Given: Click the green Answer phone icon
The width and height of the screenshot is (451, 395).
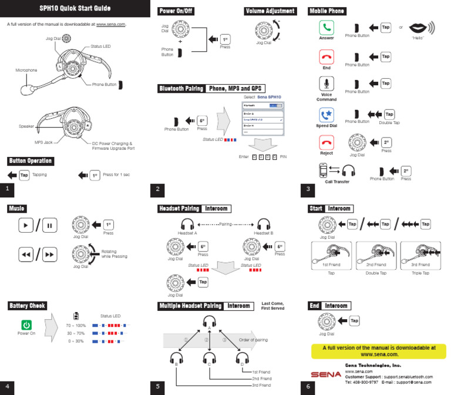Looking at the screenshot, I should tap(327, 28).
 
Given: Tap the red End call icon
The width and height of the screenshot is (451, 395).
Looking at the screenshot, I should tap(327, 56).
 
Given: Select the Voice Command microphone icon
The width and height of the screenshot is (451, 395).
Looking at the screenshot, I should tap(327, 83).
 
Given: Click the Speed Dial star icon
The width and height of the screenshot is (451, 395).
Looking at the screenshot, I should tap(327, 114).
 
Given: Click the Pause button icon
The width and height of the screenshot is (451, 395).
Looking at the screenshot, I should tap(49, 225).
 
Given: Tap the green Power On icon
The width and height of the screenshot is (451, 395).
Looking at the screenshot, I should tap(26, 324).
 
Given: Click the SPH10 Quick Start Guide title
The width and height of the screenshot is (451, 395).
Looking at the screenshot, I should tap(75, 8).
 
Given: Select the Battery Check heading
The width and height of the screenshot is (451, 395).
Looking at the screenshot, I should tap(27, 306).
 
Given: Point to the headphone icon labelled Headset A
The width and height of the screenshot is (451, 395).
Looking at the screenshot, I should tap(187, 224).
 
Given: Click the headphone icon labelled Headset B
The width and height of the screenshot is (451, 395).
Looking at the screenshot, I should tap(264, 224).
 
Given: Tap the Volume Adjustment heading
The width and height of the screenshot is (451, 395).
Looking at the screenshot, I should tap(270, 11).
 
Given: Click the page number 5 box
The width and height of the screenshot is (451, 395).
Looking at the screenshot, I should tap(157, 386).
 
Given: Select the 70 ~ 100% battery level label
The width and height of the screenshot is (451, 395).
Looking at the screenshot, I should tap(76, 324).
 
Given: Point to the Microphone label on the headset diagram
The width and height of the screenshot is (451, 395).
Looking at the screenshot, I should tap(26, 70).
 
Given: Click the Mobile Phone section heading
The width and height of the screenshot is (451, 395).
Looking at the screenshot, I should tap(327, 11).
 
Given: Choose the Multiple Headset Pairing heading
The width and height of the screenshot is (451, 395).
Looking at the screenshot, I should tap(190, 306).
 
